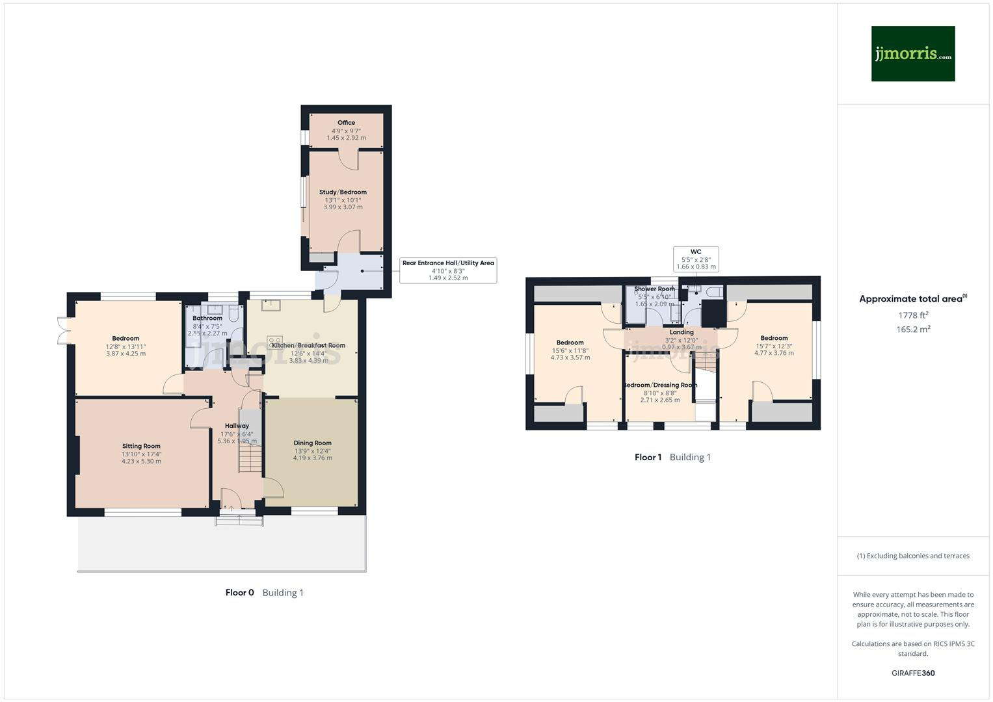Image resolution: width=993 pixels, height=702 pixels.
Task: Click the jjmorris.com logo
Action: pos(912,54)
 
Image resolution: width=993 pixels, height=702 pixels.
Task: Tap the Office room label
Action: pos(346,123)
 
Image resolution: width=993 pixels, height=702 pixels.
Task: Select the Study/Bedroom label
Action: pos(343,192)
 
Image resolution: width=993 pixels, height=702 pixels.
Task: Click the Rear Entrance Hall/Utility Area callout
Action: pos(448,270)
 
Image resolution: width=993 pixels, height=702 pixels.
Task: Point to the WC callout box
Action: pos(696,259)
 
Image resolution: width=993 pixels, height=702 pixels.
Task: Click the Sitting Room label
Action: pos(141,447)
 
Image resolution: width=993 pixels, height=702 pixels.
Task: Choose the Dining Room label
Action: pos(312,443)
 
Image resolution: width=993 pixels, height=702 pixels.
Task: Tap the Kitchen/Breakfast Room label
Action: pos(308,346)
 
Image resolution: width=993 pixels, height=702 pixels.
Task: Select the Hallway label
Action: pos(237,426)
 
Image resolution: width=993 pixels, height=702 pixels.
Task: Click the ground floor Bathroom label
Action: pos(207,318)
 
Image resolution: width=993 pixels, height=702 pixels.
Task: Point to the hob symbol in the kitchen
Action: pos(274,340)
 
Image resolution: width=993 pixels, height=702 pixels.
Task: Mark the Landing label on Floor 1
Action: pos(682,332)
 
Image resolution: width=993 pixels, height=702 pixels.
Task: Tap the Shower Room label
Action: pos(654,289)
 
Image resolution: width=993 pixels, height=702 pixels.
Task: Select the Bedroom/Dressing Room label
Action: pos(660,385)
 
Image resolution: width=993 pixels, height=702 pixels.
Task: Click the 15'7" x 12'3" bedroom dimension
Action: pos(774,346)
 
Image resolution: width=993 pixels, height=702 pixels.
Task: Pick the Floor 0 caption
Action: pos(239,593)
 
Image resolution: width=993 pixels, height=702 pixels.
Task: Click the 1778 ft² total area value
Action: pos(913,315)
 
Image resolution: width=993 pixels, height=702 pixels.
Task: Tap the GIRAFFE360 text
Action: pos(913,673)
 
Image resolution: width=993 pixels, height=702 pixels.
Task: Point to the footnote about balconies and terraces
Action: pos(913,556)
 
